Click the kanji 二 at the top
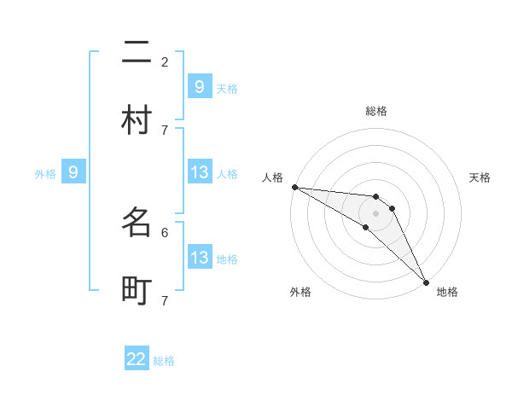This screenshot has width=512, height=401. click(x=137, y=54)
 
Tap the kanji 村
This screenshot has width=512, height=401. click(x=137, y=120)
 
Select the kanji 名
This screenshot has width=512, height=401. click(x=137, y=223)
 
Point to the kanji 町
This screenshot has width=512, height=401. click(x=137, y=291)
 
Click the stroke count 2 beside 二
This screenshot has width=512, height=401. click(x=165, y=61)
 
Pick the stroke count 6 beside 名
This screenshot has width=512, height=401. click(x=165, y=231)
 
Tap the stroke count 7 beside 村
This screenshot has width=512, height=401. click(x=165, y=130)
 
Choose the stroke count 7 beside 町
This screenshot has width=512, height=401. click(x=165, y=300)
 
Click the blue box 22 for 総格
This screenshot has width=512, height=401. click(x=137, y=359)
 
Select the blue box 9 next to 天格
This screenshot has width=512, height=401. click(x=199, y=86)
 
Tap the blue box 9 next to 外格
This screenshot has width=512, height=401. click(x=73, y=172)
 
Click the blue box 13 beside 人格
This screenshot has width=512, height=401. click(x=199, y=172)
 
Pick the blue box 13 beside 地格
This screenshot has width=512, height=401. click(x=199, y=258)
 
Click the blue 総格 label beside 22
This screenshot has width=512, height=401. click(x=164, y=361)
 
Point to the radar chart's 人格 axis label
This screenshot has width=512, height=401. click(x=272, y=177)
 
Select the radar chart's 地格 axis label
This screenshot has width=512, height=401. click(x=447, y=292)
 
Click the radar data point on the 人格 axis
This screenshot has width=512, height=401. click(x=294, y=187)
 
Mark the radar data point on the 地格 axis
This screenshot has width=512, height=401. click(x=426, y=282)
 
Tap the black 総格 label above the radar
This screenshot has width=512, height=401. click(x=376, y=111)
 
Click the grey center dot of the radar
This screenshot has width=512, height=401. click(x=376, y=213)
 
